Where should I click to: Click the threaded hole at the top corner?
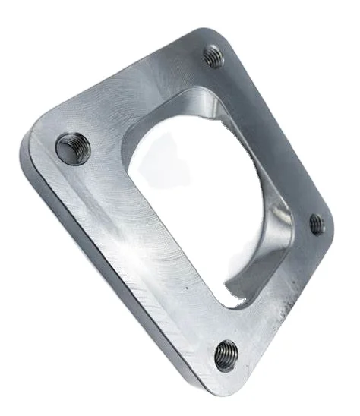(x=214, y=56)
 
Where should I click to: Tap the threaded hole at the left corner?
(x=74, y=147)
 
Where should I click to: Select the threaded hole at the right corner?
(x=317, y=223)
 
